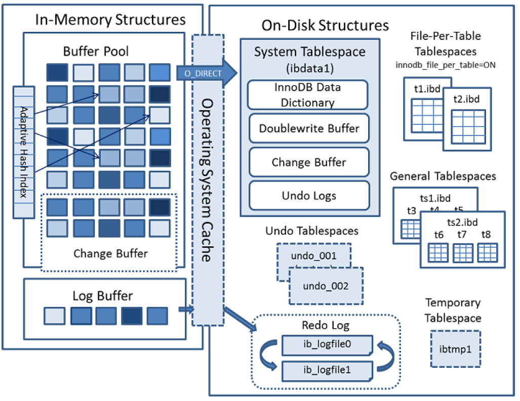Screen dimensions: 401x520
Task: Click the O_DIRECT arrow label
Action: coord(203,74)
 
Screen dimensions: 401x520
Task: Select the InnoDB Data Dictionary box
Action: coord(307,95)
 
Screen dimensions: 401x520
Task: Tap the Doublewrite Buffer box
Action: coord(309,128)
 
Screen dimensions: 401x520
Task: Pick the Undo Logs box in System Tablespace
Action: coord(309,196)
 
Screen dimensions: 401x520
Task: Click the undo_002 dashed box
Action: coord(326,286)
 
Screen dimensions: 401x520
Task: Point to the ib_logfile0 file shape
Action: coord(327,345)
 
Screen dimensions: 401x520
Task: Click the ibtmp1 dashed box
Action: coord(456,349)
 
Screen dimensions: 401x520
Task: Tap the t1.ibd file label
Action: coord(426,88)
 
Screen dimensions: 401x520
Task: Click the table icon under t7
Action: coord(463,252)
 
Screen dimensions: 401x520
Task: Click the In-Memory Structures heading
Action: coord(110,20)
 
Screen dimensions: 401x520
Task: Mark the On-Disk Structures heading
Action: coord(325,25)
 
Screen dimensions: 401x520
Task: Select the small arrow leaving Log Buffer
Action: coord(186,309)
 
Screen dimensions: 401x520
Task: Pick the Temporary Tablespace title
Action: coord(453,310)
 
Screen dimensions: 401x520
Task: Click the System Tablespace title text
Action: coord(309,52)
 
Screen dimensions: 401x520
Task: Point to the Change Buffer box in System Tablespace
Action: coord(309,162)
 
